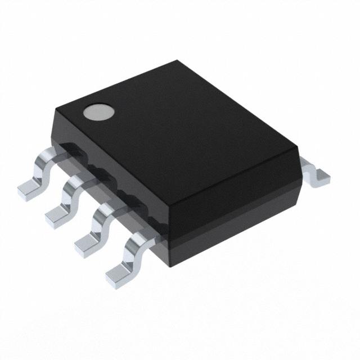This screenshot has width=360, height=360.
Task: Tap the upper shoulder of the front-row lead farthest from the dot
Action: click(138, 240)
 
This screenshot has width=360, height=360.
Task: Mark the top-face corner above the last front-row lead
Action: click(168, 209)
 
